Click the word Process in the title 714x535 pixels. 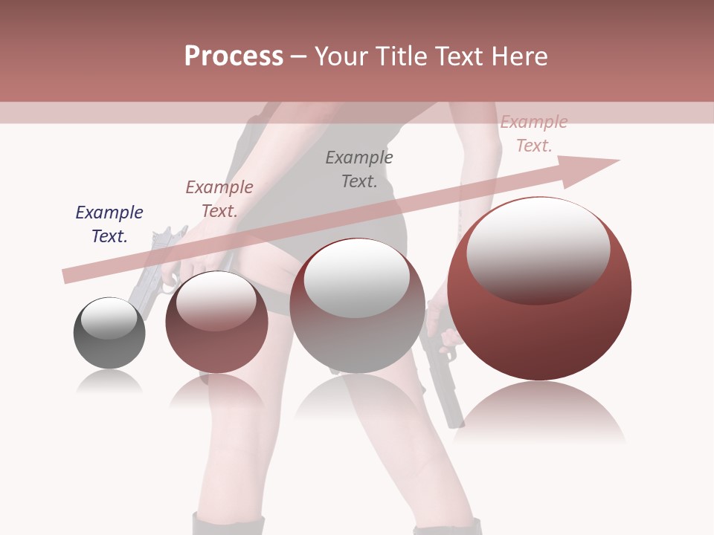(234, 56)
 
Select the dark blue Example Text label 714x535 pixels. (109, 224)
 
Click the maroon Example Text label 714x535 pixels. (219, 199)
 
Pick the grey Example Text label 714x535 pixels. (359, 169)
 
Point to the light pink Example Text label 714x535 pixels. (533, 134)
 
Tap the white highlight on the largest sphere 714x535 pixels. (538, 249)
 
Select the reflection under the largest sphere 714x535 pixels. (539, 412)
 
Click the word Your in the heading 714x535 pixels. (344, 56)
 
